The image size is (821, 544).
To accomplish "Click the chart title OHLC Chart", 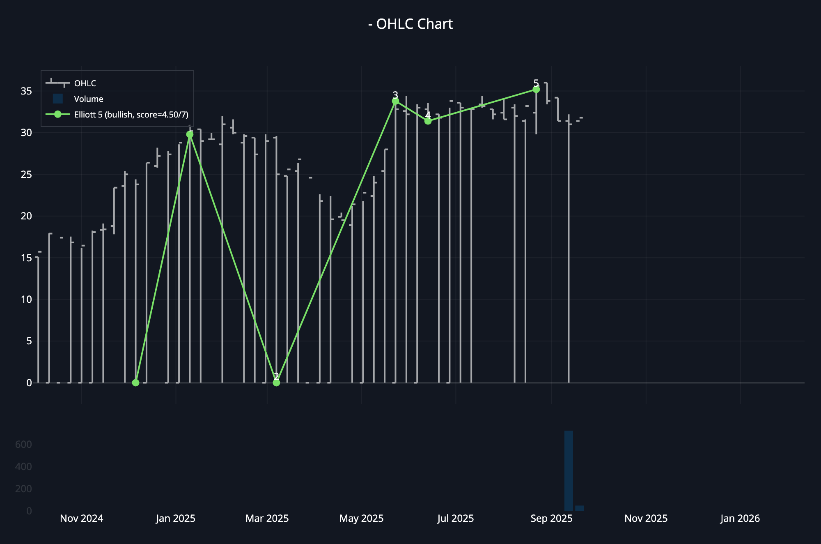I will [410, 24].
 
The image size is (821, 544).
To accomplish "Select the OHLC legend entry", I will [85, 83].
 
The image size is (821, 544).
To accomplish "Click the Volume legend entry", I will [88, 99].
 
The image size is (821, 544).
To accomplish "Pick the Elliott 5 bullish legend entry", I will [131, 115].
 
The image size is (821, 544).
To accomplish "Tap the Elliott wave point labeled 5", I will [536, 89].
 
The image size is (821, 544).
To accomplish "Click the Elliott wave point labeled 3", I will [395, 101].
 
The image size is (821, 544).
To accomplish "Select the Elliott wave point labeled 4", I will [428, 121].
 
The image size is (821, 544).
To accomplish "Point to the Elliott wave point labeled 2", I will [276, 383].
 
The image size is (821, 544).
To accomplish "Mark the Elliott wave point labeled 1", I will [190, 134].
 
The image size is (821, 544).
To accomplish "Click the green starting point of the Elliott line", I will [136, 383].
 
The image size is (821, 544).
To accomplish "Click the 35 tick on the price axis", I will [26, 91].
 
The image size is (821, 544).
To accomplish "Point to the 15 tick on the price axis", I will [26, 258].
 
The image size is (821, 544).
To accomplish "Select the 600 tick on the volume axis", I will [23, 444].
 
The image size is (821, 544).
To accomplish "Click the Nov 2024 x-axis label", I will [81, 519].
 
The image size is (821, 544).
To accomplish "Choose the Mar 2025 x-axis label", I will [267, 519].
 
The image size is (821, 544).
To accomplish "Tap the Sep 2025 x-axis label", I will [551, 519].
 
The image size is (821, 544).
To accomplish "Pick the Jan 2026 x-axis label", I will [740, 519].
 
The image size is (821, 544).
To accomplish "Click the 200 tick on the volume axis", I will [23, 489].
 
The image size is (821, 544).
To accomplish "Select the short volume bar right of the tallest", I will [579, 508].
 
